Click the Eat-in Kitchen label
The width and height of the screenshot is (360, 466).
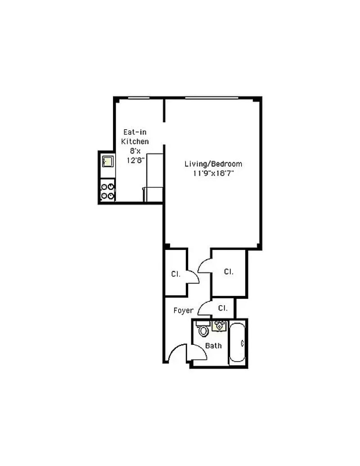point(135,137)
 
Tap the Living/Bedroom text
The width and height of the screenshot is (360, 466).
point(213,164)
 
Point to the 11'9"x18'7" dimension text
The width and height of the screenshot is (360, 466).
point(213,173)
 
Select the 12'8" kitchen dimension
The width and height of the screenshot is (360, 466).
point(135,160)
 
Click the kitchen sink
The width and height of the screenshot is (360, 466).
point(108,161)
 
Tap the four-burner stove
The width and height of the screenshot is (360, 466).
point(108,191)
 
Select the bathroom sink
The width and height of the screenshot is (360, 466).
point(220,326)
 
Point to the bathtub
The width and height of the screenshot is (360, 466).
point(237,343)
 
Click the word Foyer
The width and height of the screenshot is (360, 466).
point(183,311)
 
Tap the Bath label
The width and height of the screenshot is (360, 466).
point(213,346)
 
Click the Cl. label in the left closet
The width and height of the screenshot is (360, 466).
point(176,274)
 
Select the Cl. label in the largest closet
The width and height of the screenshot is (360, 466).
point(229,271)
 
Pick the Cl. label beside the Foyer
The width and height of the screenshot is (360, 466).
point(223,308)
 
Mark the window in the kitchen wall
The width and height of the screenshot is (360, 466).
point(139,98)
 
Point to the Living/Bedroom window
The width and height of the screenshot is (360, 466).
point(212,98)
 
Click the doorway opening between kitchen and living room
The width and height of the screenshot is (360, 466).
point(164,133)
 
